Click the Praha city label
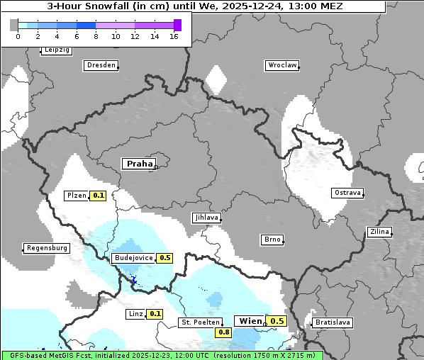[139, 164]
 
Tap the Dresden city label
[101, 65]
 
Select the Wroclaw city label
[281, 65]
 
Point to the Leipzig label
[56, 50]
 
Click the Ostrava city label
[347, 193]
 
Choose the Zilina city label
[380, 232]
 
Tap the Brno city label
[272, 240]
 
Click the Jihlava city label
[206, 218]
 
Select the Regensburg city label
[47, 248]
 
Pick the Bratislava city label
[333, 322]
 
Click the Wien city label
[250, 321]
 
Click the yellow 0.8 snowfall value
[224, 332]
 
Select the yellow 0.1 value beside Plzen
[98, 196]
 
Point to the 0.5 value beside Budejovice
[165, 258]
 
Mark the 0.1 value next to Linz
[155, 313]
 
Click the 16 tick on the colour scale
[174, 36]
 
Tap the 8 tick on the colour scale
[96, 36]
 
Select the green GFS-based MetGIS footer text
[162, 355]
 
